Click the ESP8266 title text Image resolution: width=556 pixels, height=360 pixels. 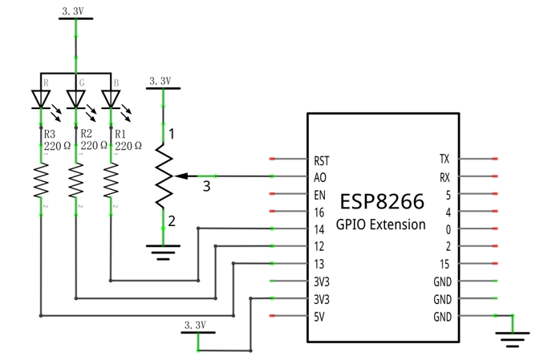tap(382, 201)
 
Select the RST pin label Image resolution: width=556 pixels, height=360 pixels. tap(321, 161)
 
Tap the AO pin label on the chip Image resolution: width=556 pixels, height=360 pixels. tap(320, 177)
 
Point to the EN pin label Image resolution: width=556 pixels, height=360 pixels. tap(319, 195)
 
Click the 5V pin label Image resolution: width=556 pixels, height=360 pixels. tap(319, 317)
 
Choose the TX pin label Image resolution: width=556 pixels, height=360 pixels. tap(444, 159)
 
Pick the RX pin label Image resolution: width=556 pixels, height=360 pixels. tap(444, 177)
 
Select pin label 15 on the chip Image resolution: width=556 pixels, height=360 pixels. tap(444, 264)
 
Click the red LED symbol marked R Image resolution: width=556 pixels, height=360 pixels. tap(41, 99)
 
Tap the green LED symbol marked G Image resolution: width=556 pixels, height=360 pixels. tap(76, 99)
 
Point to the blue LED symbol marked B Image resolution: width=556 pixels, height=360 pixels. tap(111, 99)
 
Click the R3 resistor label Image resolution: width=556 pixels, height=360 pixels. tap(49, 134)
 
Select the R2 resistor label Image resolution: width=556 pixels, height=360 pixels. tap(86, 134)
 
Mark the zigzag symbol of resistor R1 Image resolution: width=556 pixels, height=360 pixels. tap(111, 180)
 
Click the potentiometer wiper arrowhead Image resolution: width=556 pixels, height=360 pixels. tap(181, 176)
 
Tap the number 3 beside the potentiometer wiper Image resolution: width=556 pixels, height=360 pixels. tap(206, 186)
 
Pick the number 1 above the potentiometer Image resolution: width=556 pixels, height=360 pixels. tap(172, 134)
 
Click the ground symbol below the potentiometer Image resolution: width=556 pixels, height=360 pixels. tap(163, 252)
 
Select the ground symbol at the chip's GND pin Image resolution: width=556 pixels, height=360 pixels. tap(513, 340)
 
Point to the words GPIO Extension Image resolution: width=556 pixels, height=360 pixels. tap(380, 224)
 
